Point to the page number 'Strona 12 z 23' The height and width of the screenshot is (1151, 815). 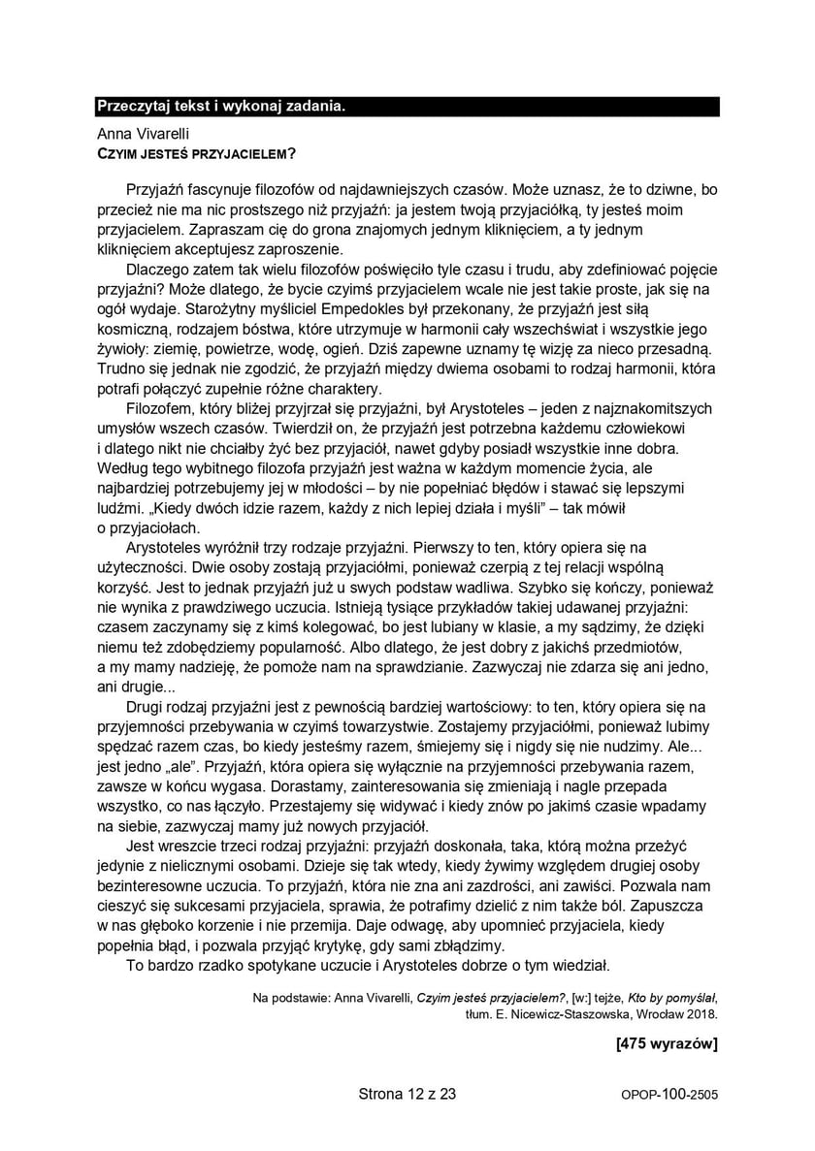(407, 1095)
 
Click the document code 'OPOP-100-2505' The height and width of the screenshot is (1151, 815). (669, 1096)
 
